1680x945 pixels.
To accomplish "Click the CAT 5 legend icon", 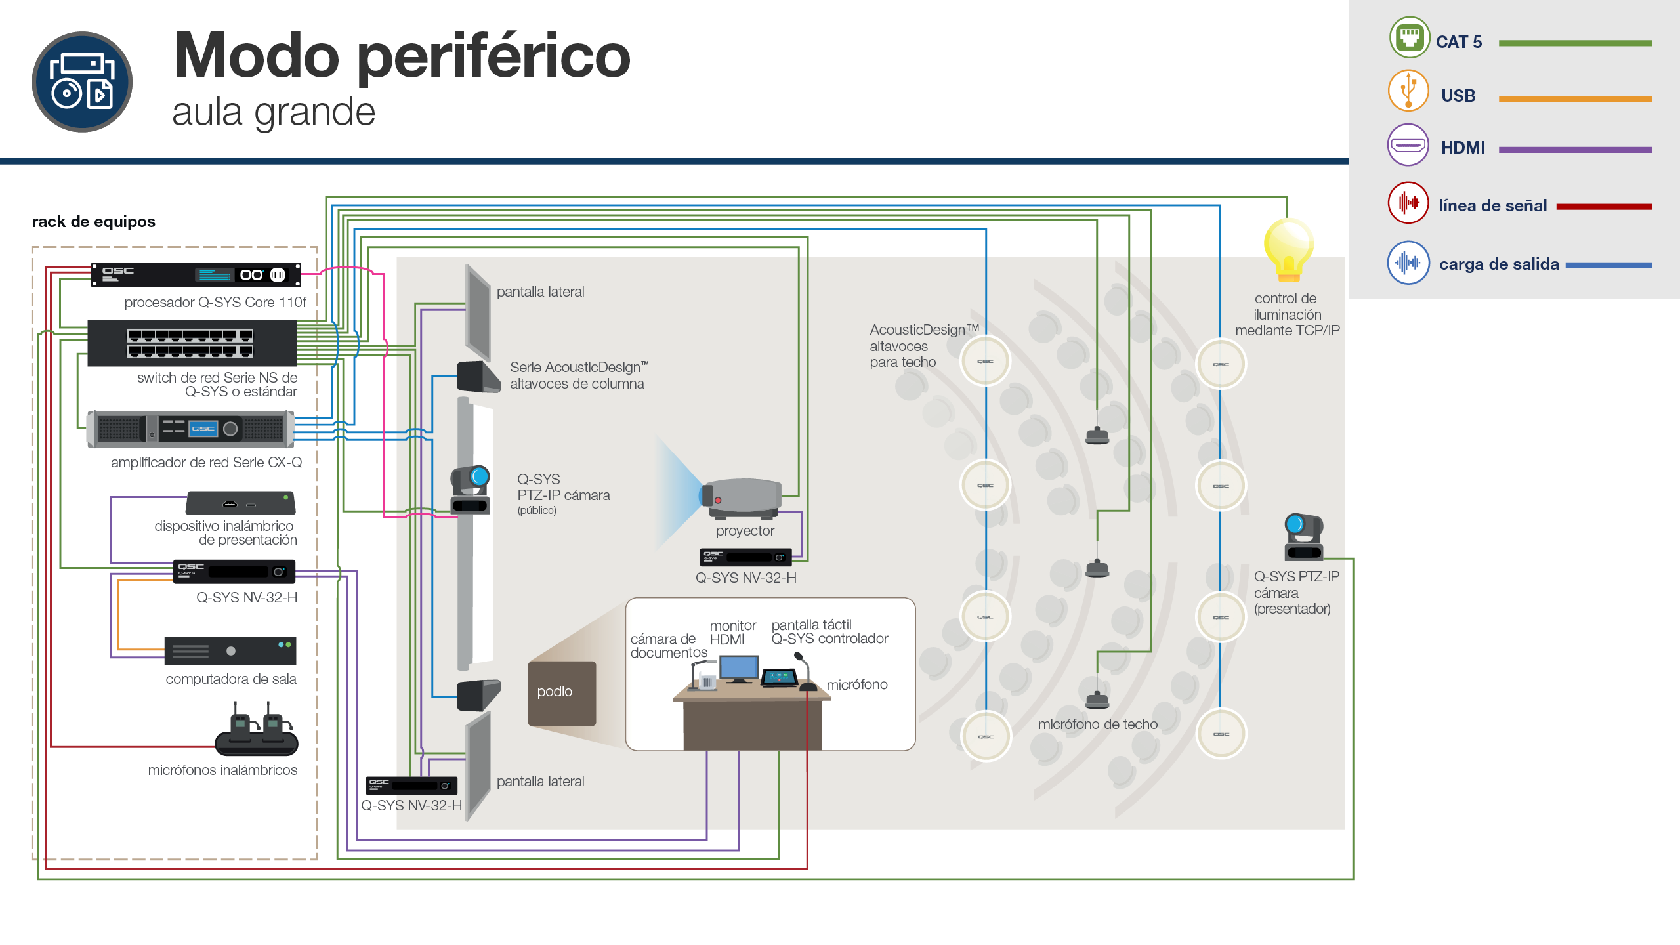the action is (1409, 37).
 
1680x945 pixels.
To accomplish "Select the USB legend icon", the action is (1408, 91).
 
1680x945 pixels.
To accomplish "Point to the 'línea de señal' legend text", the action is (1492, 206).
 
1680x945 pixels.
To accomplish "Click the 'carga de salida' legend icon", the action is (1408, 262).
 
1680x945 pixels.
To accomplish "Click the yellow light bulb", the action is (1288, 250).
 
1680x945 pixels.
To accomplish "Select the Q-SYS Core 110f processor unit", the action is (196, 275).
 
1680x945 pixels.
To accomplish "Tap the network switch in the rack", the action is (192, 343).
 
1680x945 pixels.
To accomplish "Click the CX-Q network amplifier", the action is (190, 429).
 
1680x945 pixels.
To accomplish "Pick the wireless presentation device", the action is (241, 503).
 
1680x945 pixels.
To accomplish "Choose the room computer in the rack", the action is (230, 651).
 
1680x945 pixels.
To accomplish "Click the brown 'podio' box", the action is (562, 693).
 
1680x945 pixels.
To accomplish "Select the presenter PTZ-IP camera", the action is (1304, 537).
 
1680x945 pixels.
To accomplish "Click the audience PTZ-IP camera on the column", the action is (471, 490).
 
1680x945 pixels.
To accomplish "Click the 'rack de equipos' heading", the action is (94, 222).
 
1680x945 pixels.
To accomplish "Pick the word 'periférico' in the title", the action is (493, 58).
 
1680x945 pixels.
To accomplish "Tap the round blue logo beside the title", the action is (82, 82).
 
